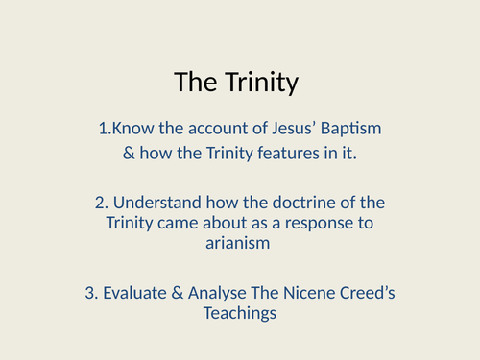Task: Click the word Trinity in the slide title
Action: (x=262, y=83)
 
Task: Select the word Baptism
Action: (x=354, y=128)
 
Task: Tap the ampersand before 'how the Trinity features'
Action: (x=130, y=151)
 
